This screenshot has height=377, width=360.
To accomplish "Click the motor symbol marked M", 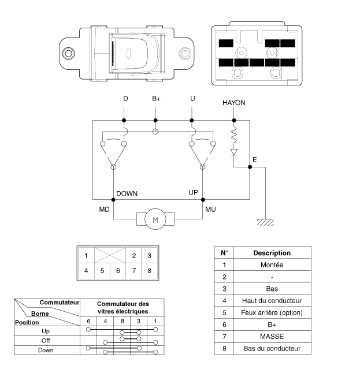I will pyautogui.click(x=154, y=219).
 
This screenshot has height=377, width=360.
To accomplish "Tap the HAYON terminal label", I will pyautogui.click(x=234, y=102).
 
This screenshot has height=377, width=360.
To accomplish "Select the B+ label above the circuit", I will pyautogui.click(x=156, y=99).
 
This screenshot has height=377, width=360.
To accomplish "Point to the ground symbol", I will pyautogui.click(x=265, y=222).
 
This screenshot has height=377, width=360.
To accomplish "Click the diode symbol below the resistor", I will pyautogui.click(x=234, y=152).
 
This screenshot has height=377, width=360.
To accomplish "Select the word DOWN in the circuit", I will pyautogui.click(x=127, y=193).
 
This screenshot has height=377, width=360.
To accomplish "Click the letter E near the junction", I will pyautogui.click(x=255, y=159).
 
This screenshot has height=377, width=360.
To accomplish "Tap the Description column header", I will pyautogui.click(x=271, y=252).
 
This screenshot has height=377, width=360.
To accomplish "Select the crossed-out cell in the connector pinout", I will pyautogui.click(x=109, y=255).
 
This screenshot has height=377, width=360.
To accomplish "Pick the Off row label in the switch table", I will pyautogui.click(x=46, y=341).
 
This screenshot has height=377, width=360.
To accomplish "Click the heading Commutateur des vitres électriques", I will pyautogui.click(x=123, y=307).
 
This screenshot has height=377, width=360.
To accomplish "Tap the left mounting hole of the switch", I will pyautogui.click(x=69, y=54).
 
